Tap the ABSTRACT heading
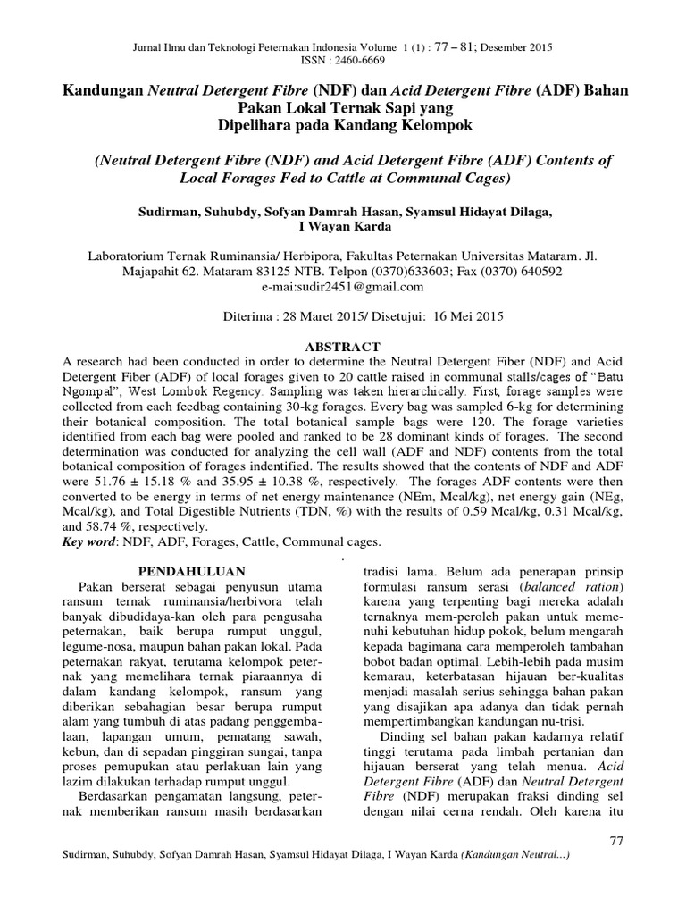pos(344,347)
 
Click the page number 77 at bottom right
pos(614,841)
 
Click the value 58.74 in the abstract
pos(82,527)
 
